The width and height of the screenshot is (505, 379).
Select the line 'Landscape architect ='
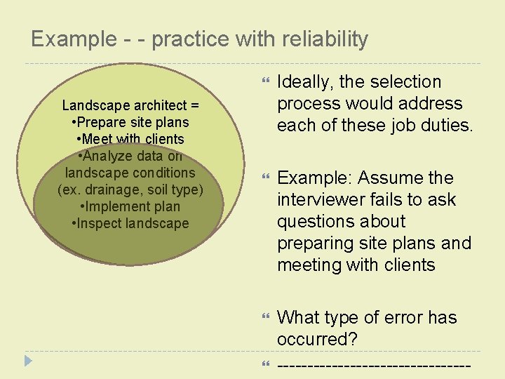point(130,105)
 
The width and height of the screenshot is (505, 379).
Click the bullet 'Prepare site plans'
point(130,122)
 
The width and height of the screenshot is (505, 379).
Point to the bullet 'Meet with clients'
point(130,139)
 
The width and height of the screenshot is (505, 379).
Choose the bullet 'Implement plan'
point(130,207)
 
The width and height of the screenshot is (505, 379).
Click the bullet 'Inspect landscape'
point(130,224)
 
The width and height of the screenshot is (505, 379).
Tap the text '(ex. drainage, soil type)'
point(130,189)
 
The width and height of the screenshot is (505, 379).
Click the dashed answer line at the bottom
point(373,366)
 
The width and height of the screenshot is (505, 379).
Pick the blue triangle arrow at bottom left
point(27,361)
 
